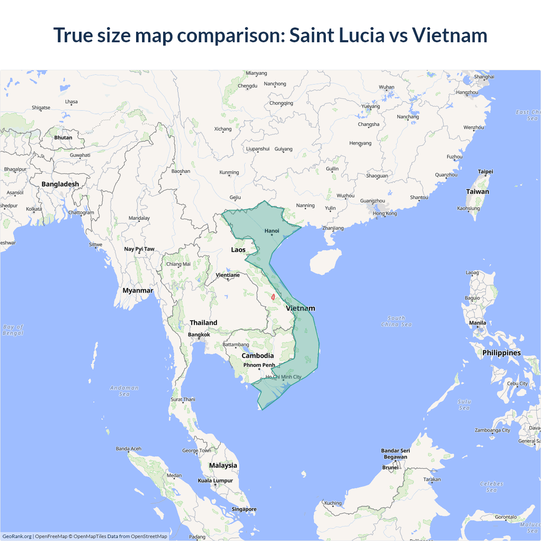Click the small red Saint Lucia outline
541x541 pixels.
[x=273, y=297]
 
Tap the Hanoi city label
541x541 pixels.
[x=272, y=231]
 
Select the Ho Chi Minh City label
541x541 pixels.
[x=284, y=377]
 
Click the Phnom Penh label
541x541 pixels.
[x=259, y=365]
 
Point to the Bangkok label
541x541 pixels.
[x=199, y=334]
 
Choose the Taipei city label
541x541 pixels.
[x=485, y=171]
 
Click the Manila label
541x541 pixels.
[x=478, y=322]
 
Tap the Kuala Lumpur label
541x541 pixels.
[x=215, y=480]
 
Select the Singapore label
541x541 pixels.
[x=244, y=509]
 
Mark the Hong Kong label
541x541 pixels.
[x=385, y=213]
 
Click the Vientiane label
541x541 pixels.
[x=228, y=275]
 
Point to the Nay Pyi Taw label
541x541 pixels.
[x=139, y=249]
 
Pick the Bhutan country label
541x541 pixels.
[x=63, y=137]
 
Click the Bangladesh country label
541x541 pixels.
[x=60, y=184]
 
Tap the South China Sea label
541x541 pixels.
[x=396, y=321]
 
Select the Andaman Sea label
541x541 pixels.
[x=124, y=391]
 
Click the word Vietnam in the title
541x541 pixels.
[x=450, y=35]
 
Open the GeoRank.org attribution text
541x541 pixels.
[x=17, y=536]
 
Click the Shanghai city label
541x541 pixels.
[x=484, y=77]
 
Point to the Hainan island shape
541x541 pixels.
[x=325, y=262]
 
